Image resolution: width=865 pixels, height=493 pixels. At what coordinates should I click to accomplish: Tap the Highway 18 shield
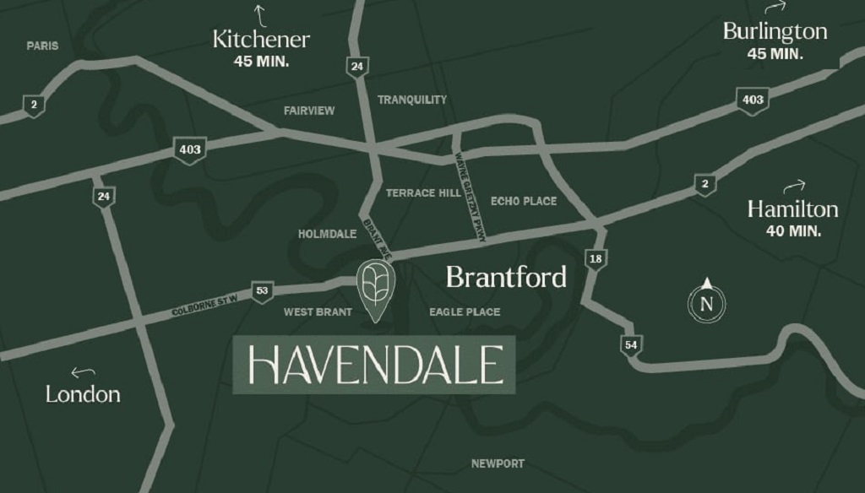tap(595, 258)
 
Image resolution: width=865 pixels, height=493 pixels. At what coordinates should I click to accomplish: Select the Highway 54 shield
tap(629, 344)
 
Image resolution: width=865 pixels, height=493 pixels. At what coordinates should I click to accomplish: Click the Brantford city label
tap(506, 277)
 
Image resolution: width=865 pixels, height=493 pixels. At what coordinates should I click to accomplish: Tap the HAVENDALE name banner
tap(373, 365)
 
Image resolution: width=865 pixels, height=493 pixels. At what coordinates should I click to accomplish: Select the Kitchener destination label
tap(261, 39)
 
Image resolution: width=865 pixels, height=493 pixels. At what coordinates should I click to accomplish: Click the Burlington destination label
tap(775, 32)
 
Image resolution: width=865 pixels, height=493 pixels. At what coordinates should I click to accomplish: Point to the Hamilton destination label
tap(792, 209)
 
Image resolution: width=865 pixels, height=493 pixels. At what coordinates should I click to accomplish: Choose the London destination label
tap(83, 393)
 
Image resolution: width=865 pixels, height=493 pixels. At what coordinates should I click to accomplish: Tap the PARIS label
tap(42, 46)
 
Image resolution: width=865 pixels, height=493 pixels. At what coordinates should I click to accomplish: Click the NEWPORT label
tap(498, 463)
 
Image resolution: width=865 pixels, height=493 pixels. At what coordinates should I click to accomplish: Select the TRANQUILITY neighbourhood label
tap(412, 100)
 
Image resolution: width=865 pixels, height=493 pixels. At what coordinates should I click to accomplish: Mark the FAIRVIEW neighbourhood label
tap(309, 111)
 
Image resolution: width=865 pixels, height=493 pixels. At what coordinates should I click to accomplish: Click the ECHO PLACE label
tap(524, 201)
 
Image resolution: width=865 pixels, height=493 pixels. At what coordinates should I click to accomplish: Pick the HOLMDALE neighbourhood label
tap(328, 234)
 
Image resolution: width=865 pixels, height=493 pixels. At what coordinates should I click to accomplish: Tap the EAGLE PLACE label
tap(465, 312)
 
